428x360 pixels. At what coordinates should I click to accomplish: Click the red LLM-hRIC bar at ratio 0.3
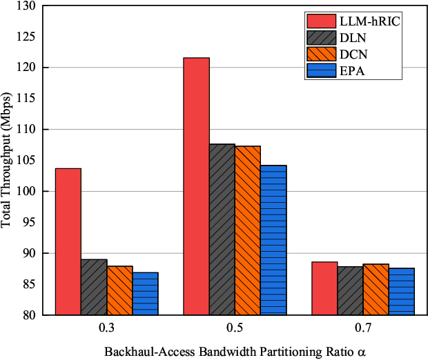click(68, 241)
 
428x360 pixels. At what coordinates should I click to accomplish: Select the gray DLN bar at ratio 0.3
click(94, 287)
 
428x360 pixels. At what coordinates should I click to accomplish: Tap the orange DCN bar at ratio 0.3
click(119, 290)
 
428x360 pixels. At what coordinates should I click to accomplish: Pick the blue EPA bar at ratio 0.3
click(145, 293)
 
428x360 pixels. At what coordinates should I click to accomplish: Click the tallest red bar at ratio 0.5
click(196, 186)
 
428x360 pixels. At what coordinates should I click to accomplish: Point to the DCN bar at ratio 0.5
click(247, 230)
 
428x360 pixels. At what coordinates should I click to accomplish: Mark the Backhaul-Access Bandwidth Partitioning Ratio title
click(234, 350)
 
